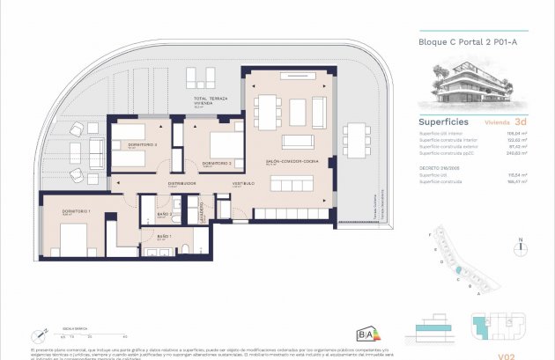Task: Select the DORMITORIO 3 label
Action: [x=217, y=164]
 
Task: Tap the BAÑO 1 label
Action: [x=164, y=237]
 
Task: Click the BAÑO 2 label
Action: [x=164, y=215]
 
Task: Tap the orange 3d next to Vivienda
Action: [x=522, y=122]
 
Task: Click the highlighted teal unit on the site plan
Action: [x=460, y=268]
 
